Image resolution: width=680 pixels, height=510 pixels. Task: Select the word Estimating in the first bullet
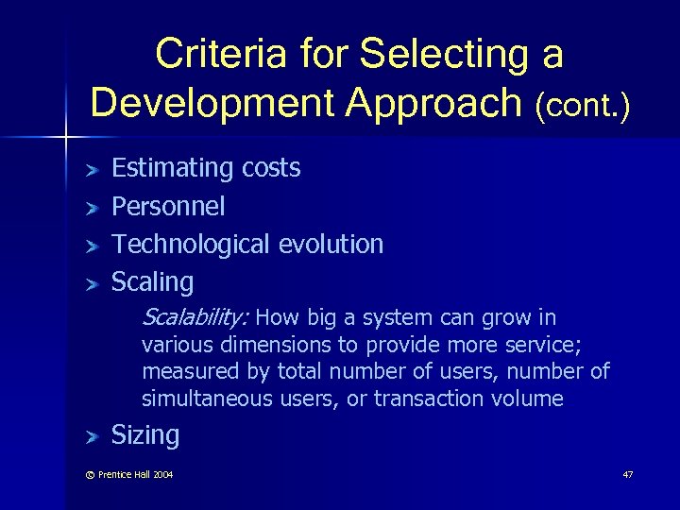coord(173,168)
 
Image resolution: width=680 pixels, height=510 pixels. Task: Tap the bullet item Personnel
coord(168,206)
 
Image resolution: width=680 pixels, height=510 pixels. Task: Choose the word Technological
coord(192,244)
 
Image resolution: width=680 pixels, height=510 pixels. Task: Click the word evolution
coord(331,244)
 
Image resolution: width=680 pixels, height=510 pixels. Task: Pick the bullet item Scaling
coord(152,281)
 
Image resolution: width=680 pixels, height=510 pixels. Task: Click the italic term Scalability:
coord(194,316)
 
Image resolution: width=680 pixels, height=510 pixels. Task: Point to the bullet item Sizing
coord(145,434)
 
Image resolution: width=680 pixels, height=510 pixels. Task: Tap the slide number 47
coord(628,473)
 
